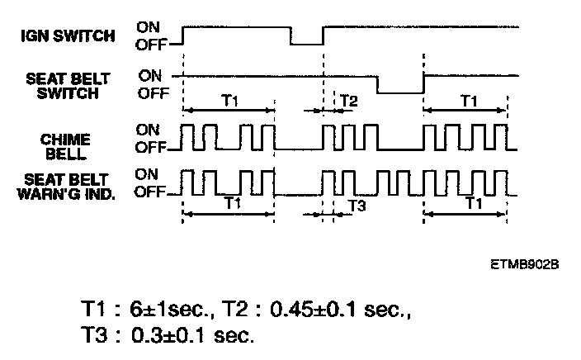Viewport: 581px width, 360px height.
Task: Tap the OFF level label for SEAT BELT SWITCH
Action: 154,93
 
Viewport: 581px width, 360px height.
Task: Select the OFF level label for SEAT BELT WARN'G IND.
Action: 149,192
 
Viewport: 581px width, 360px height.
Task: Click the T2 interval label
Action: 349,102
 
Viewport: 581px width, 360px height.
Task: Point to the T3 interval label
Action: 356,205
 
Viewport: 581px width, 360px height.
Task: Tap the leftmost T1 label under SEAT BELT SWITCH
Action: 232,101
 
